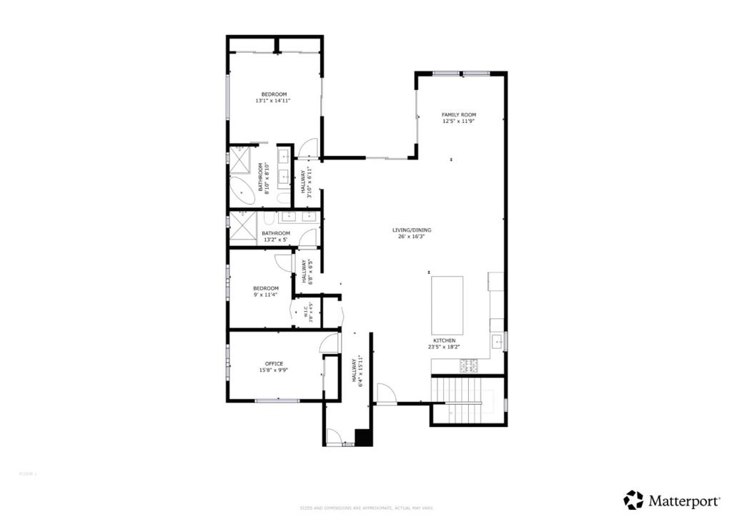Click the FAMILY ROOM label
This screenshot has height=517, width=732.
[458, 115]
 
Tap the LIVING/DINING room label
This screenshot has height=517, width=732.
[412, 230]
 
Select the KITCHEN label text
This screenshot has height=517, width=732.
[443, 341]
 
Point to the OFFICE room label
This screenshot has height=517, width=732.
[274, 364]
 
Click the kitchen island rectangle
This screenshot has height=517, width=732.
[447, 305]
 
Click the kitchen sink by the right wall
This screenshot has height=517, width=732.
[497, 342]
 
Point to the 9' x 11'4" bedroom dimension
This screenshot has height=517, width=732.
[265, 295]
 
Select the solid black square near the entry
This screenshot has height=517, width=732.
[363, 438]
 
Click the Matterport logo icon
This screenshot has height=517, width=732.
[633, 499]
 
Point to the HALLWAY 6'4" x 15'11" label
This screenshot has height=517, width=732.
[355, 372]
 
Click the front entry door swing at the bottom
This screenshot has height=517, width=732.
[332, 435]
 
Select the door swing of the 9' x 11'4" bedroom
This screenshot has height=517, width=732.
[285, 262]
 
